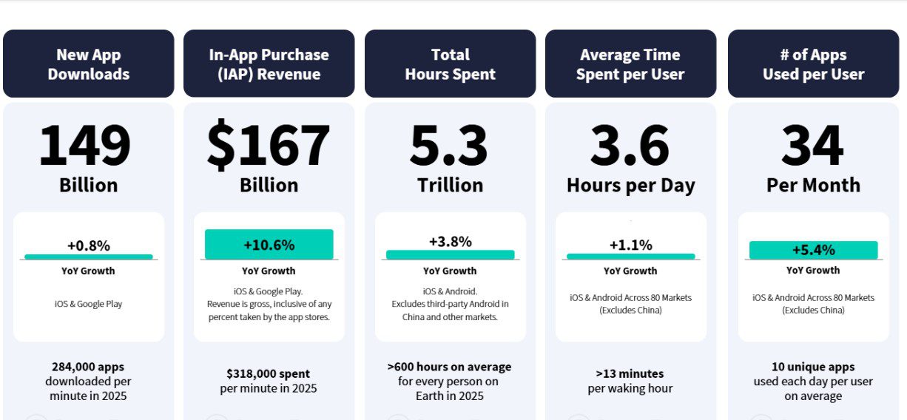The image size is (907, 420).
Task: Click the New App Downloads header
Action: pyautogui.click(x=89, y=64)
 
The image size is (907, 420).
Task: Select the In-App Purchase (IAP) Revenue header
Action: pyautogui.click(x=269, y=64)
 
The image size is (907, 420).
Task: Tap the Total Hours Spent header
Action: pyautogui.click(x=451, y=64)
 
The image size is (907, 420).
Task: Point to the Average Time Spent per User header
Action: pyautogui.click(x=630, y=64)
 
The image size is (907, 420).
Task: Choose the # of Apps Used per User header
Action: pyautogui.click(x=814, y=64)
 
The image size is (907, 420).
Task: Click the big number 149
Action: pyautogui.click(x=85, y=145)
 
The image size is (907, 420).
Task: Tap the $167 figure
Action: pyautogui.click(x=269, y=144)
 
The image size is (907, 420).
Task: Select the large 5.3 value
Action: pyautogui.click(x=448, y=145)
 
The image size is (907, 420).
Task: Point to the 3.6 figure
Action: pyautogui.click(x=630, y=145)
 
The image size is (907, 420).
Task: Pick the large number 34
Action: pyautogui.click(x=812, y=145)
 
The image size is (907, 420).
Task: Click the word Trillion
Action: pyautogui.click(x=451, y=186)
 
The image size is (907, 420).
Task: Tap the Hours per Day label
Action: pyautogui.click(x=631, y=186)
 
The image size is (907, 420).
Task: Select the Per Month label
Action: pyautogui.click(x=814, y=186)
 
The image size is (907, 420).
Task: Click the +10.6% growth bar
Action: pyautogui.click(x=269, y=245)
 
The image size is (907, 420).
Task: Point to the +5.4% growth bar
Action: pyautogui.click(x=814, y=250)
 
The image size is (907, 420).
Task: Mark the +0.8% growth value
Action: pyautogui.click(x=89, y=245)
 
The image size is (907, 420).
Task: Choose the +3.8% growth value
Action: pyautogui.click(x=451, y=242)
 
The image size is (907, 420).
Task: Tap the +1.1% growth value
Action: pyautogui.click(x=631, y=245)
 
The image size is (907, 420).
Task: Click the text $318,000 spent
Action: pyautogui.click(x=268, y=374)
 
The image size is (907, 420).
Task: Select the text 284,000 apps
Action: pyautogui.click(x=88, y=367)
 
